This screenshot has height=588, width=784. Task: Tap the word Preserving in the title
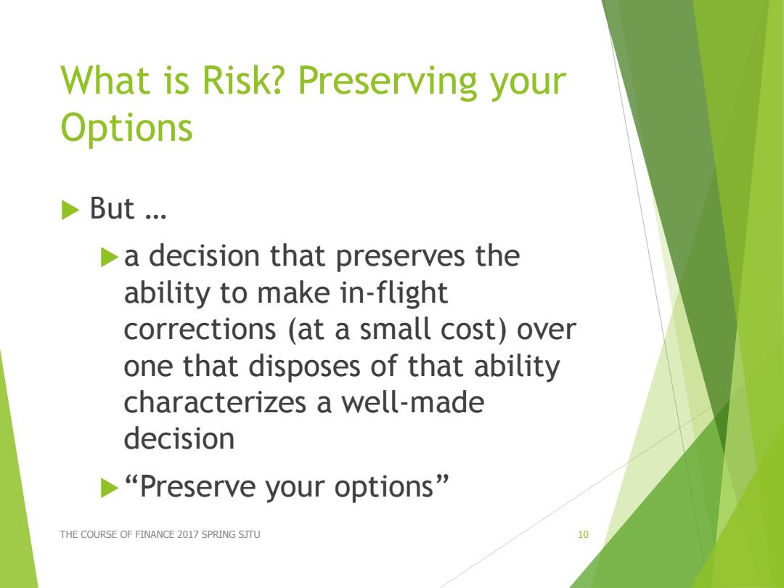(x=388, y=83)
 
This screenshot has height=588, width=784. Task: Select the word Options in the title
(x=126, y=128)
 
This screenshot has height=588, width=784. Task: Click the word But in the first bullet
(x=112, y=208)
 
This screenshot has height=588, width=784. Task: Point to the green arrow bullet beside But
(x=70, y=210)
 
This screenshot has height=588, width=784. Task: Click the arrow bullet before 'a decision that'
(x=110, y=257)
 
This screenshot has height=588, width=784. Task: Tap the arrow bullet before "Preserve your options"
(x=110, y=488)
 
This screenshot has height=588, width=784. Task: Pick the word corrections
(x=200, y=330)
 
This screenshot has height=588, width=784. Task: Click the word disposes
(x=304, y=367)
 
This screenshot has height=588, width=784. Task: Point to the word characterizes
(x=215, y=403)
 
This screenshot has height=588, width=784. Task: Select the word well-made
(x=413, y=403)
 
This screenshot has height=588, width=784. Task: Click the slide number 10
(x=583, y=534)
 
